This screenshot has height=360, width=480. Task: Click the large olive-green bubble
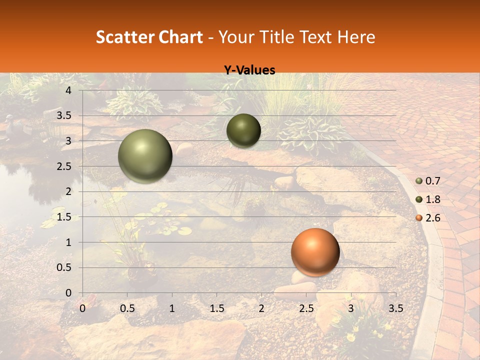point(145,156)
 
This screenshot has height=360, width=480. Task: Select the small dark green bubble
point(243,130)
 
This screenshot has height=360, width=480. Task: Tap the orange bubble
point(315,252)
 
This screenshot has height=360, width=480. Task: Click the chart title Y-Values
point(249,70)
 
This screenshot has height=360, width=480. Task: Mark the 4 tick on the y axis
point(68,90)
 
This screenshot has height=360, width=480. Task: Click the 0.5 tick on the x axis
point(127,308)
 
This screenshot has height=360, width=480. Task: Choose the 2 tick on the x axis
point(261,308)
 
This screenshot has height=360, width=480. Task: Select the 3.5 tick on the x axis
point(395,308)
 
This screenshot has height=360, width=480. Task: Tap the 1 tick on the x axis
point(172,308)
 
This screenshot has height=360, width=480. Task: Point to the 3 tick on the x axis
point(350,308)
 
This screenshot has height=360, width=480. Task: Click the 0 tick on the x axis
point(82,308)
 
